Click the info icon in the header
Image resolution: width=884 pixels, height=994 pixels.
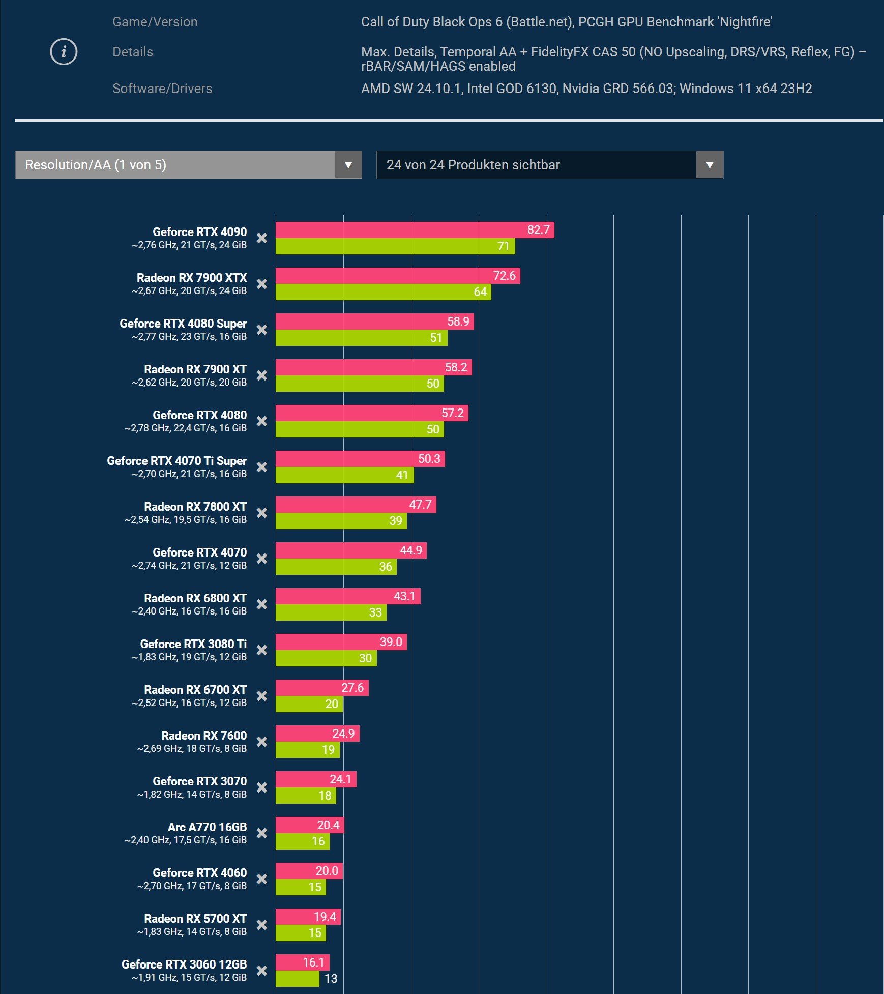[x=64, y=52]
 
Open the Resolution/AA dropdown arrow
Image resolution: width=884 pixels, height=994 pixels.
[x=348, y=165]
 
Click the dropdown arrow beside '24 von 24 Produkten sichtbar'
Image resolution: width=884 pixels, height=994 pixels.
[x=710, y=165]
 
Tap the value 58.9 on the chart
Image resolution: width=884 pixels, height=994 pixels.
[x=458, y=321]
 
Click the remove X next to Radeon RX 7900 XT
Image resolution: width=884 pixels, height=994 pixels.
[x=261, y=375]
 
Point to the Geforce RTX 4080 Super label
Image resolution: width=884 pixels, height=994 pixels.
[x=183, y=324]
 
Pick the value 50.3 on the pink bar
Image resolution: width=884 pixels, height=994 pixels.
[x=429, y=459]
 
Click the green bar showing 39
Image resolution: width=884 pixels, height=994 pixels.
[x=341, y=521]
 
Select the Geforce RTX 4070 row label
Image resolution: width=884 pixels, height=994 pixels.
[x=199, y=552]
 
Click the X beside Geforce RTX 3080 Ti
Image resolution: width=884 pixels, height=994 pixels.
[x=261, y=650]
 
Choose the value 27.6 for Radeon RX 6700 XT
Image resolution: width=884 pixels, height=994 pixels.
[x=352, y=688]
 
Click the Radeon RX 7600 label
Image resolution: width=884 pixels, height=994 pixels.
[x=203, y=736]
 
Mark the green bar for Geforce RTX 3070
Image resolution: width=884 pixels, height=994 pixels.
[x=306, y=796]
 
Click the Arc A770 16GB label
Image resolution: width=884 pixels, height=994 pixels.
[x=207, y=827]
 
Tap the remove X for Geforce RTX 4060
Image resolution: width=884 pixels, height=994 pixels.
[x=261, y=879]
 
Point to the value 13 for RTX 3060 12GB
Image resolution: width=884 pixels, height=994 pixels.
[x=331, y=979]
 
